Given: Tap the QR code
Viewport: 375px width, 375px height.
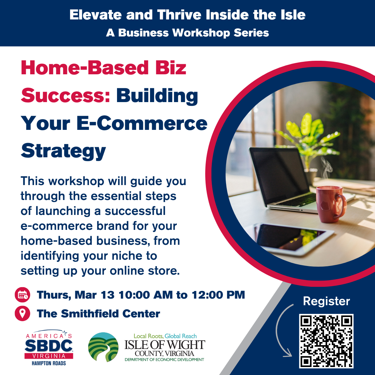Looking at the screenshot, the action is [326, 341].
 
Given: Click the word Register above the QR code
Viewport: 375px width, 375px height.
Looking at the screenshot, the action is [326, 301].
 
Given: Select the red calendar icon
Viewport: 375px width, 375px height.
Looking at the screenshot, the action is [23, 295].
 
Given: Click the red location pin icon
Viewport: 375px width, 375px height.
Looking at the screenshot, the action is [23, 313].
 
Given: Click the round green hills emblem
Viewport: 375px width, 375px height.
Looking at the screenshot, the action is [103, 347].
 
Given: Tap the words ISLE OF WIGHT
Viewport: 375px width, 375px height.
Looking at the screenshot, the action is [165, 345].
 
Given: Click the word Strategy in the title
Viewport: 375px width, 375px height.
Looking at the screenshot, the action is [64, 151].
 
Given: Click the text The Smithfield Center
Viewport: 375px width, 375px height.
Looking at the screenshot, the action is [98, 314].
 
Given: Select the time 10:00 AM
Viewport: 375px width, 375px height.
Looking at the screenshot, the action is [145, 295].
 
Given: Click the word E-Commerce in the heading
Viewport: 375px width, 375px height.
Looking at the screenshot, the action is [142, 123].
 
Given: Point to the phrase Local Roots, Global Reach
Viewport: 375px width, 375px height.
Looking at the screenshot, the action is [165, 336].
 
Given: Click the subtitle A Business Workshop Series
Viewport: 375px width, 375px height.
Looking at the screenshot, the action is [187, 33].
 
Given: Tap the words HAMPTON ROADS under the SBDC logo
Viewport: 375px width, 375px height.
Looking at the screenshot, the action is [49, 363].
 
